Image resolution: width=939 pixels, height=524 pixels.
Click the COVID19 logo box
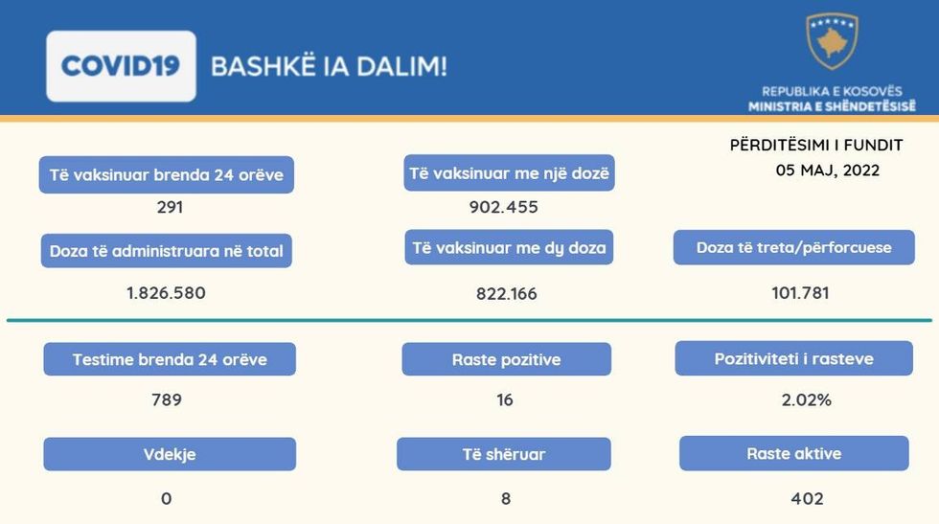[x=121, y=66]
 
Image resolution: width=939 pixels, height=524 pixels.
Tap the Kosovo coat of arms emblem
[x=832, y=41]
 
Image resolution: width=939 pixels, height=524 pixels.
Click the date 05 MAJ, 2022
[x=828, y=171]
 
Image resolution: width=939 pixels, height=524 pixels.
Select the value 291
[x=170, y=207]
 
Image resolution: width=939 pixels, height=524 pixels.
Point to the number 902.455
[x=504, y=207]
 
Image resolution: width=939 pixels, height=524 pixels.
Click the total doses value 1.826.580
[x=166, y=293]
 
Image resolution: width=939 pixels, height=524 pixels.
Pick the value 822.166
[x=507, y=293]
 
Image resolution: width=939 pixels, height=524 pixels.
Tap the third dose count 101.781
[x=800, y=293]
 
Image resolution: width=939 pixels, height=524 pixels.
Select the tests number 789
[x=167, y=399]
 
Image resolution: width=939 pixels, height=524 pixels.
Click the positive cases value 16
[x=505, y=399]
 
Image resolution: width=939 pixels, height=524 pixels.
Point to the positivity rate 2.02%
[x=806, y=399]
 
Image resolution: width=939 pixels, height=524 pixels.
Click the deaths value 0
[x=167, y=498]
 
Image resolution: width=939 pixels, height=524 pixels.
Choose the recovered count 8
[x=506, y=498]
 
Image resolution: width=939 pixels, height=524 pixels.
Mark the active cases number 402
[x=807, y=498]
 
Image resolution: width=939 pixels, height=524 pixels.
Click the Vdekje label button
[x=170, y=454]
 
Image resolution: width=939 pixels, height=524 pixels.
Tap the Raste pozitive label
[x=507, y=359]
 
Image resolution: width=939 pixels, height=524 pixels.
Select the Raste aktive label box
[x=794, y=453]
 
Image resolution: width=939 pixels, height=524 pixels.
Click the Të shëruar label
[x=504, y=454]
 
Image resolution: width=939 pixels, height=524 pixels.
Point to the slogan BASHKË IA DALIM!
[x=330, y=66]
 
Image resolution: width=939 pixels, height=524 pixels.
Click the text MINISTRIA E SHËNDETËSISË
[x=832, y=106]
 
